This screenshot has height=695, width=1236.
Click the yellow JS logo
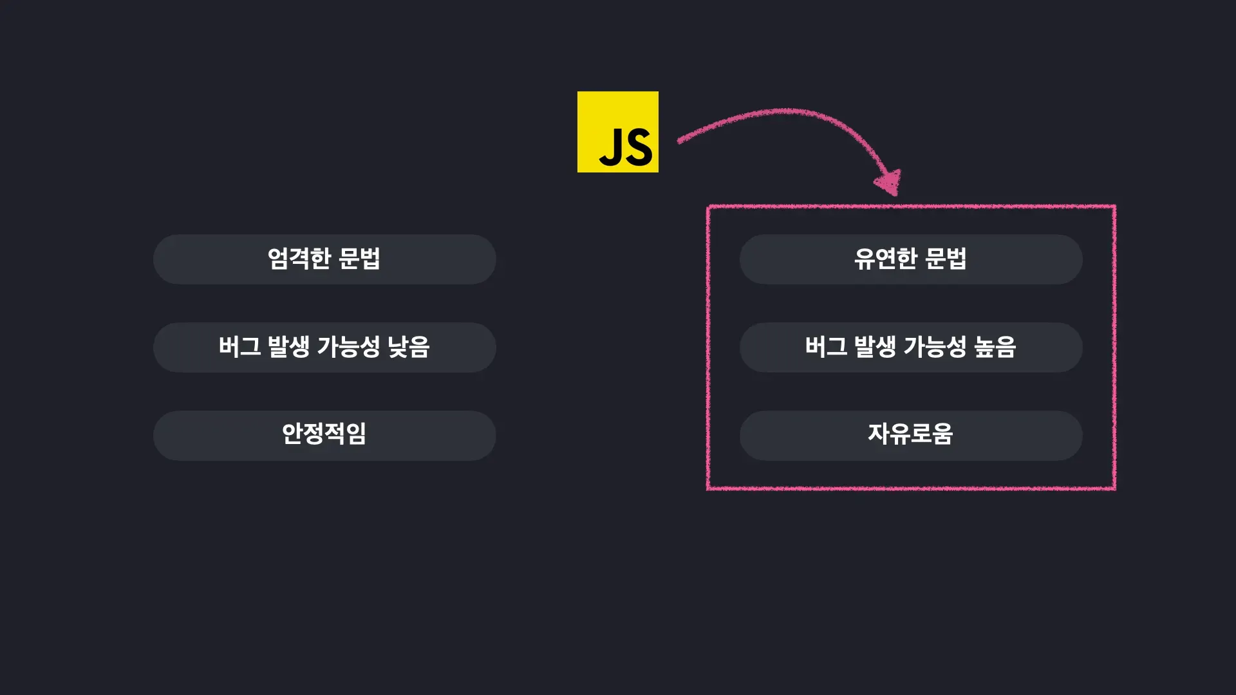click(617, 131)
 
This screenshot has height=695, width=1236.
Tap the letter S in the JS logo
click(639, 147)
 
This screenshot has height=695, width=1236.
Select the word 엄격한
click(299, 259)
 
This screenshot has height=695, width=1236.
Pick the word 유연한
click(885, 259)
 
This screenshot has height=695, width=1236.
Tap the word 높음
click(995, 347)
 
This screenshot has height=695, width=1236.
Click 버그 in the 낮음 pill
click(239, 347)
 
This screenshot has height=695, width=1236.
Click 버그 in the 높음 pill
click(826, 347)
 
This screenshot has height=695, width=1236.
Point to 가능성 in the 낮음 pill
click(348, 347)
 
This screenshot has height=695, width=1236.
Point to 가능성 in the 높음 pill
click(935, 347)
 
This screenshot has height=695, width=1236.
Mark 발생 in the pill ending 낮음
click(288, 347)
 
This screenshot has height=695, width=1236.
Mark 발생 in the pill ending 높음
click(875, 347)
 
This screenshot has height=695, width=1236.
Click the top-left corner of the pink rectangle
click(708, 207)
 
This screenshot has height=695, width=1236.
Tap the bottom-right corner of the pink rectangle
click(1114, 488)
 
